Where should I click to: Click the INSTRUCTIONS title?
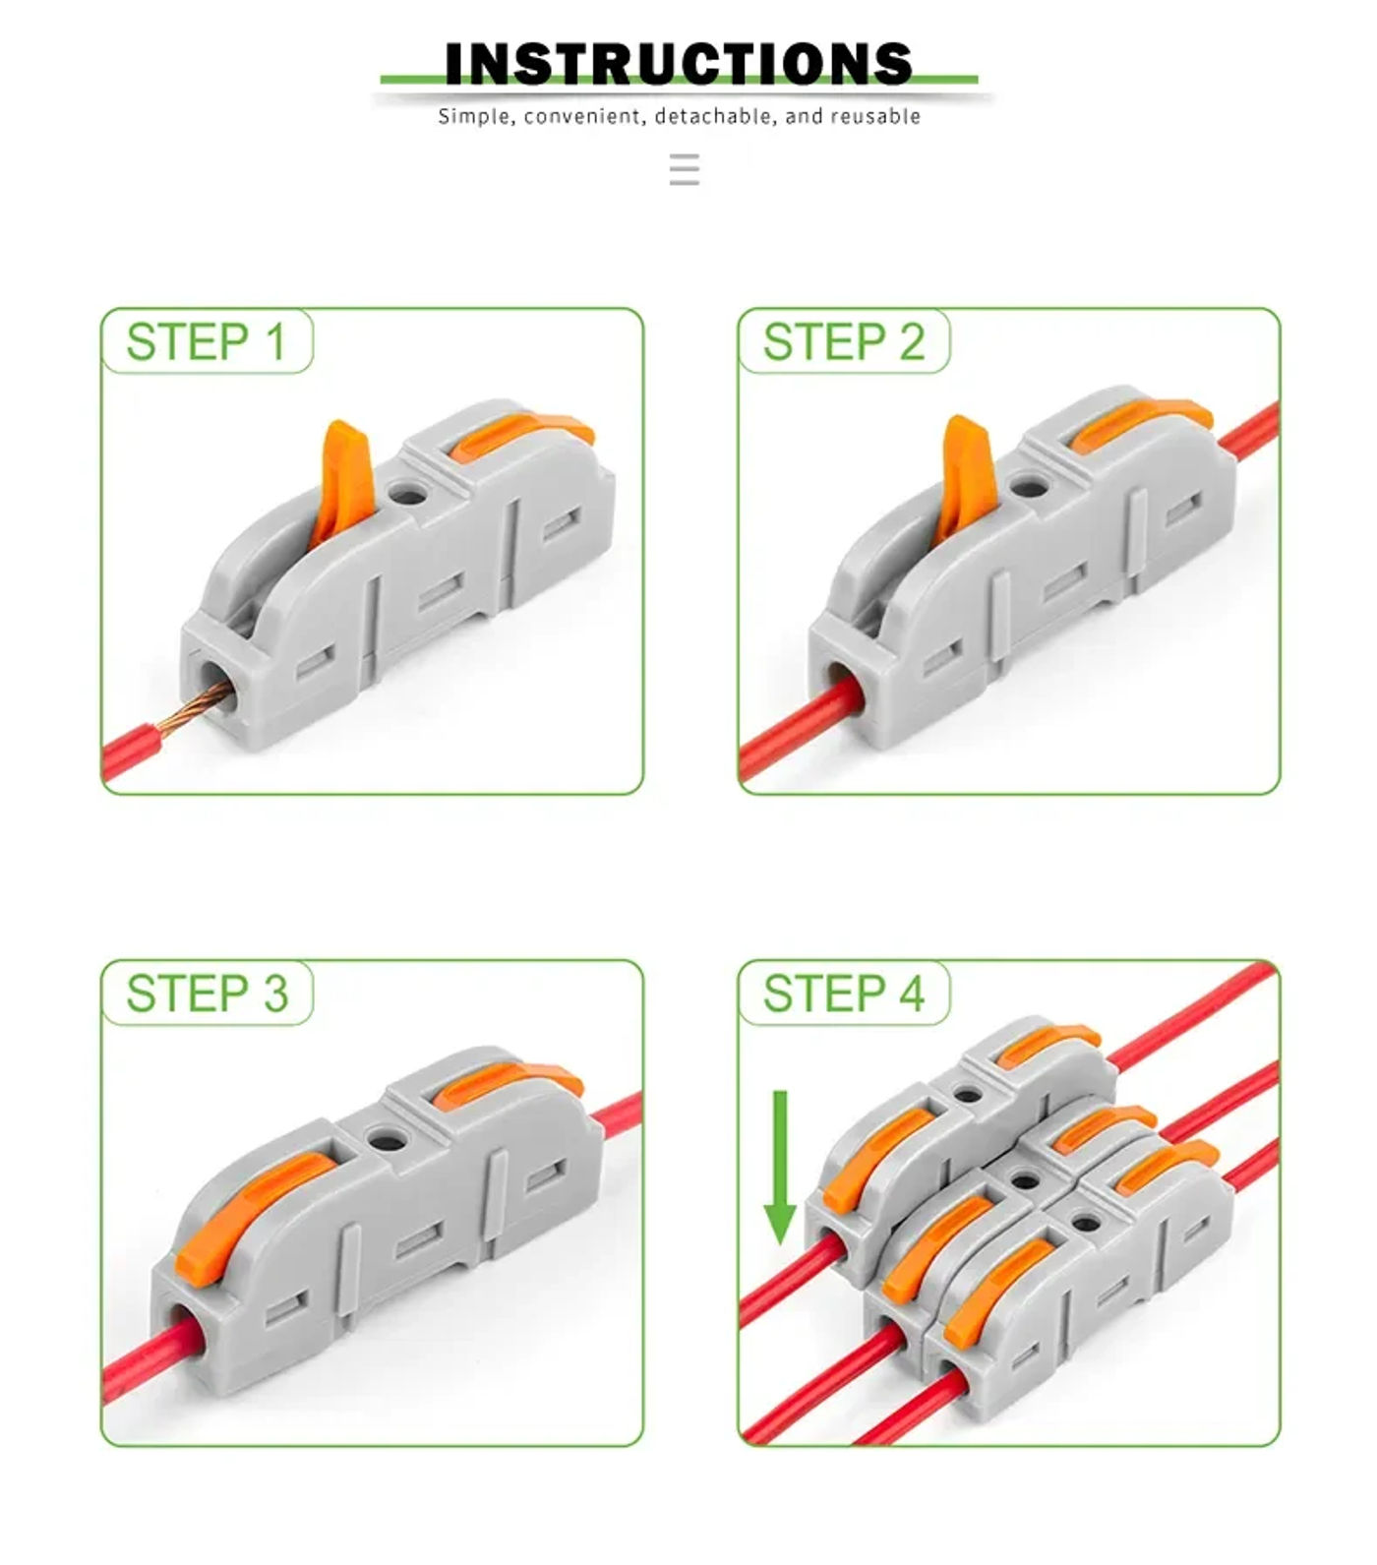point(679,64)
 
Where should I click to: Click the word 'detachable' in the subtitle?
point(715,117)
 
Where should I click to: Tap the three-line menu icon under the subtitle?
point(685,170)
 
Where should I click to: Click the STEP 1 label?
point(207,342)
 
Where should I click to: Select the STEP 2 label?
point(844,342)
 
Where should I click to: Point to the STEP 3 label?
point(207,993)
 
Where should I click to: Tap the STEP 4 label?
point(844,993)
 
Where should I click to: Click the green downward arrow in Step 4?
point(780,1171)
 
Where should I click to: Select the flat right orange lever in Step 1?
point(521,433)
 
